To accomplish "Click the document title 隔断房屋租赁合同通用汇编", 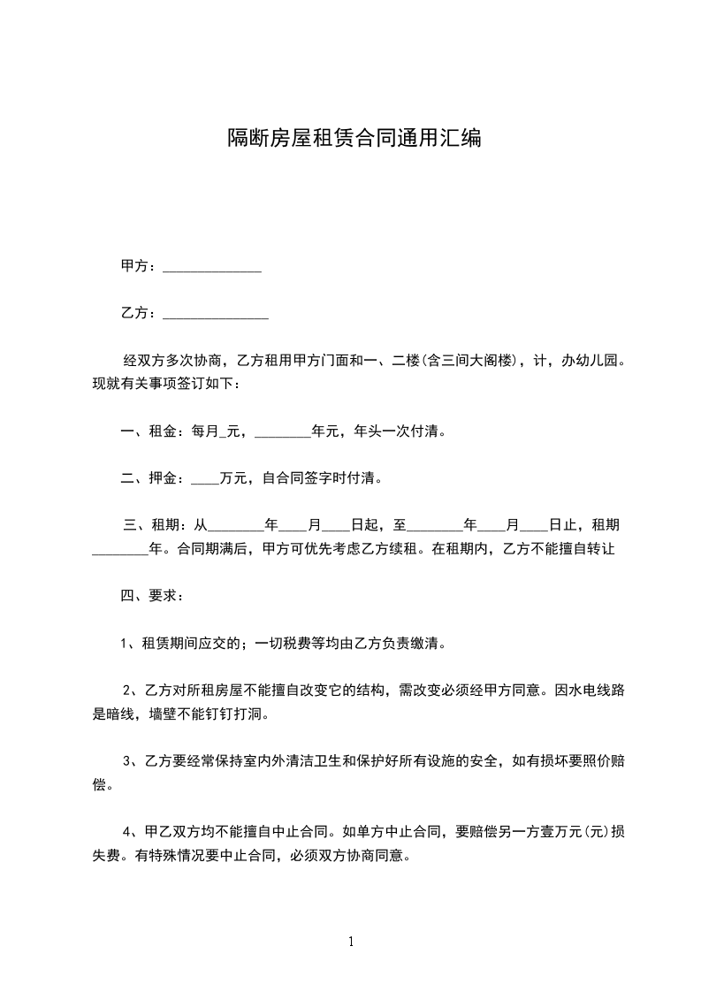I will click(354, 138).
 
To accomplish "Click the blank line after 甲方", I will click(212, 267).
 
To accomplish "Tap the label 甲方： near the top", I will click(140, 266).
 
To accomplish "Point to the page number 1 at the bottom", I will click(351, 942).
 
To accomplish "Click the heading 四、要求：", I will click(152, 595).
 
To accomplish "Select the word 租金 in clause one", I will click(162, 432).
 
